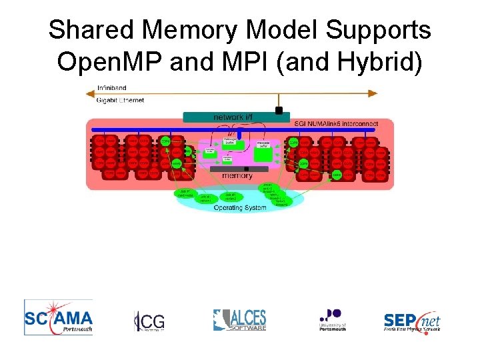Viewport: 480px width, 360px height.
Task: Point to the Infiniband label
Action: pos(111,88)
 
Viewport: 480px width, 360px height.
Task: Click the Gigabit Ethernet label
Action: pos(120,100)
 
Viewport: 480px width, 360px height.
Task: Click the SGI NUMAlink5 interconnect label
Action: pos(335,123)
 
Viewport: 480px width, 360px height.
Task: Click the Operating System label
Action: pos(239,208)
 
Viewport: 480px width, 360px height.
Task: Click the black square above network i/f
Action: pos(279,110)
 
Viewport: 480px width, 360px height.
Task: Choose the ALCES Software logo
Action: pos(239,319)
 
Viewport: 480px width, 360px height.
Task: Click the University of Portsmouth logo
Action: pos(331,319)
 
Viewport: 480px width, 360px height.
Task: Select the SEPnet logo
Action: pos(412,321)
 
